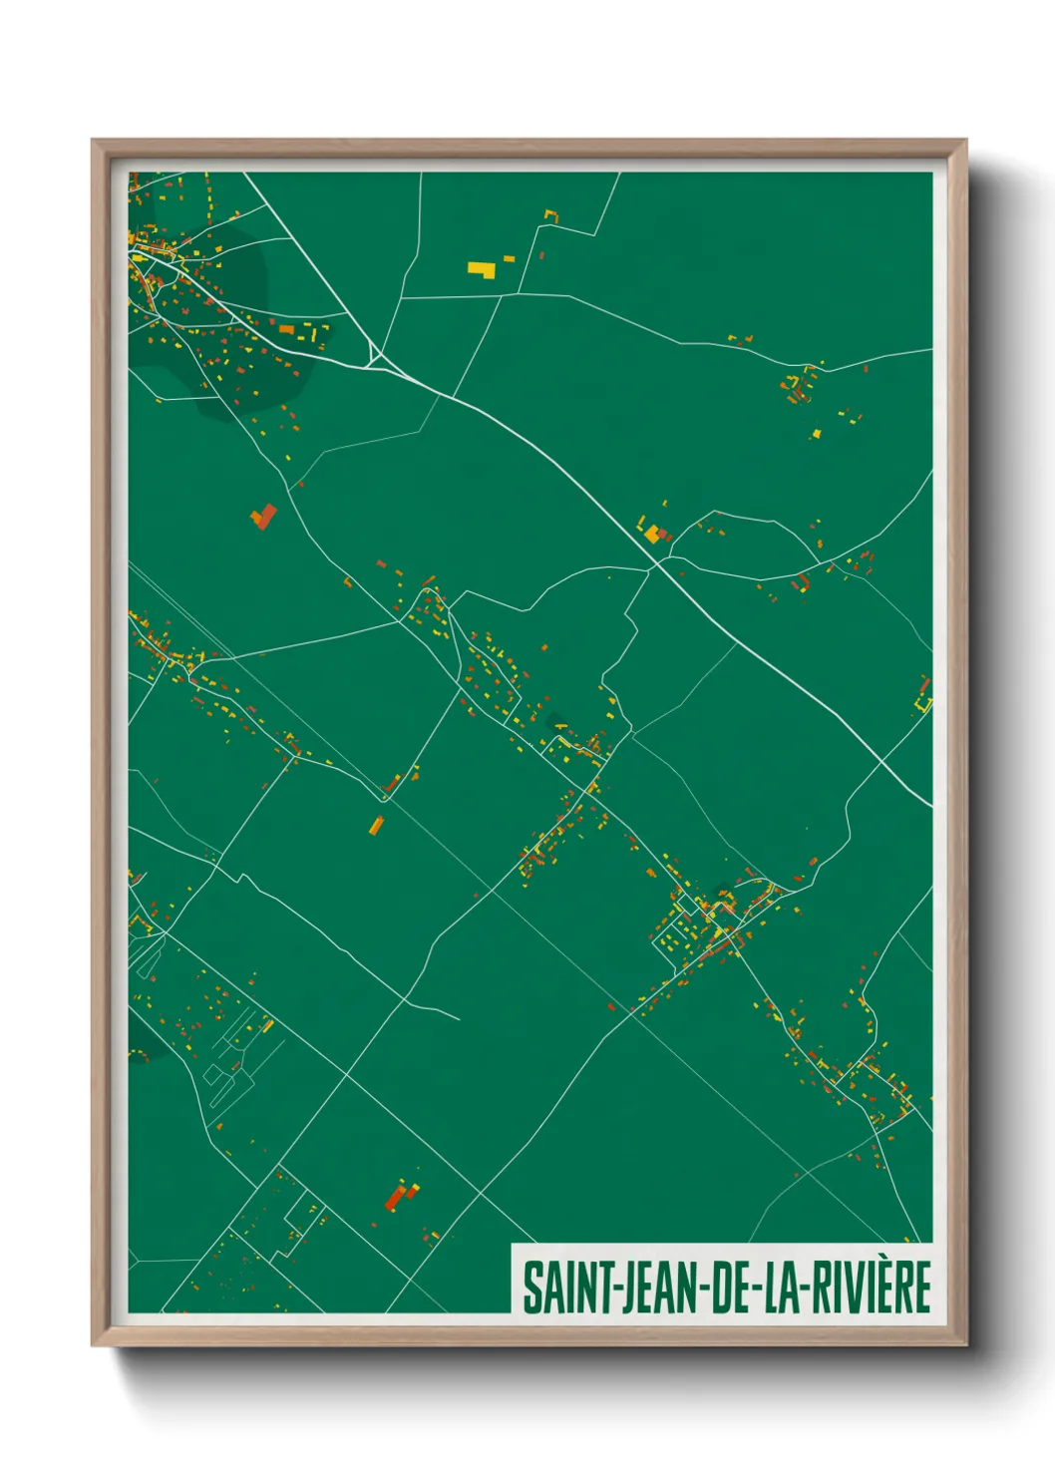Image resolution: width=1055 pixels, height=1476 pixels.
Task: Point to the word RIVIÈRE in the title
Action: coord(871,1288)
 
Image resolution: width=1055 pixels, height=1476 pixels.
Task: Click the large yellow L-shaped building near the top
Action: coord(482,268)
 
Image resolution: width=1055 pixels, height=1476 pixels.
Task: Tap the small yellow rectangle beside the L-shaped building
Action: coord(509,259)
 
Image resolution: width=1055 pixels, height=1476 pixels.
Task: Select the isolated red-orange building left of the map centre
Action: coord(263,517)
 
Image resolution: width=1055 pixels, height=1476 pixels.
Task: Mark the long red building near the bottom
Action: coord(396,1197)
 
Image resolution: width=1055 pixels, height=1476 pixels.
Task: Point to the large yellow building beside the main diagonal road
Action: coord(651,534)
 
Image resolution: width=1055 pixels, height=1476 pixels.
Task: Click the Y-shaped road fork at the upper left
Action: coord(374,353)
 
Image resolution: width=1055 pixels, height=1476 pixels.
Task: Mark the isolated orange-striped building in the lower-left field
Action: coord(377,825)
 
